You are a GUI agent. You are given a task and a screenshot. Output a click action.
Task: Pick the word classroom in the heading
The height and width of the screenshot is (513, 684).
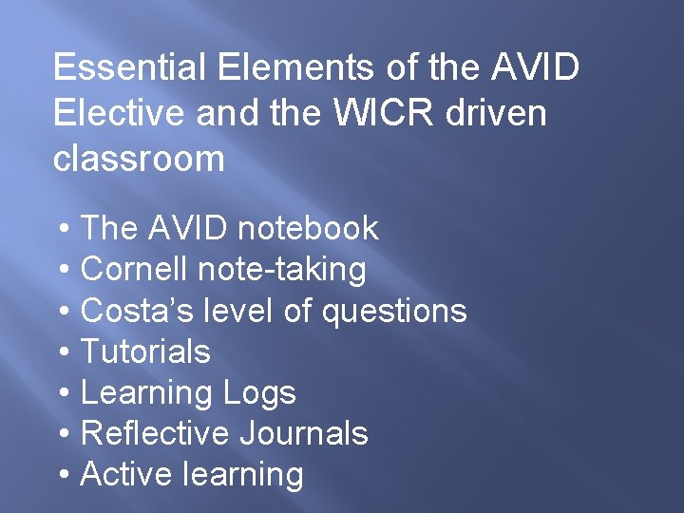point(139,158)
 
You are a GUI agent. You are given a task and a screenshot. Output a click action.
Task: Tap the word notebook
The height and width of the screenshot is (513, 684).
point(308,228)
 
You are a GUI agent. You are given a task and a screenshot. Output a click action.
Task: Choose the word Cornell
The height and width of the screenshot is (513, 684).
point(135,269)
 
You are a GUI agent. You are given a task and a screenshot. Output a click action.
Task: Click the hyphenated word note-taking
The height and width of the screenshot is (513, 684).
point(282,270)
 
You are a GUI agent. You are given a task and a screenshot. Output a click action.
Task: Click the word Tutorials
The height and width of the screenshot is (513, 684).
point(145,351)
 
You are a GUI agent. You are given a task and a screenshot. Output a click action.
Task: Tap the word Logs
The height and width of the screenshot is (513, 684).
point(259,393)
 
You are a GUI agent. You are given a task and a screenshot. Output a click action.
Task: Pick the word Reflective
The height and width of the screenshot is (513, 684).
point(156,433)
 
